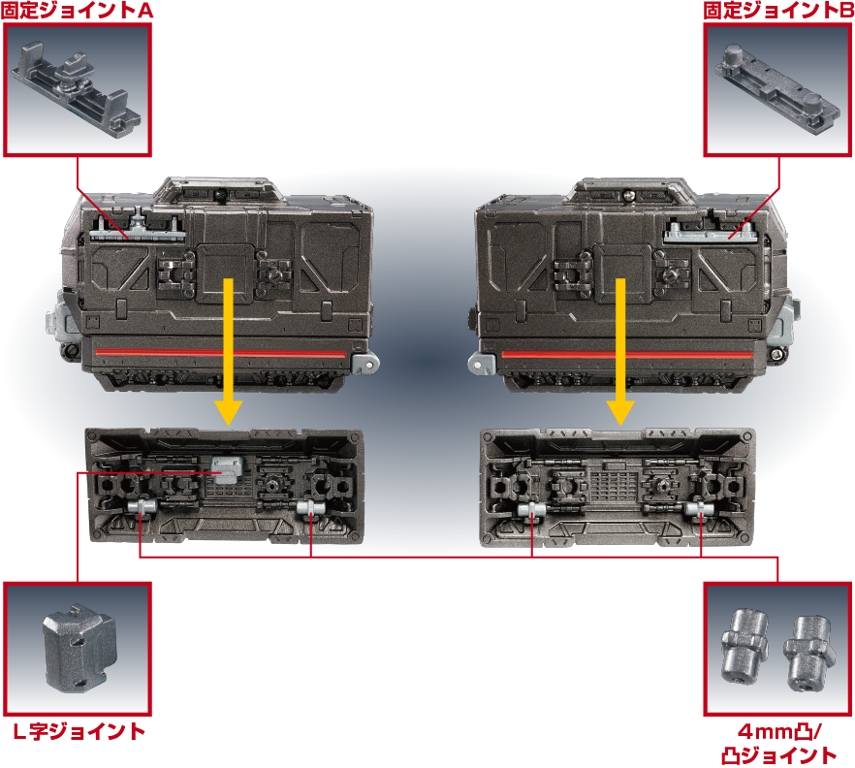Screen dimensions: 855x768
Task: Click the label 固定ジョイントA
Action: point(77,11)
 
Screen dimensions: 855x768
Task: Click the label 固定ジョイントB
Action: point(778,11)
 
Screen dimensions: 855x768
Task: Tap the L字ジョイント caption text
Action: point(79,731)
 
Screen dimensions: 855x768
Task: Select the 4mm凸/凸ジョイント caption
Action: point(778,744)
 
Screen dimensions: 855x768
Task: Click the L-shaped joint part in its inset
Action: point(79,648)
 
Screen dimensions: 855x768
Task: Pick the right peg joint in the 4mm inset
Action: point(809,654)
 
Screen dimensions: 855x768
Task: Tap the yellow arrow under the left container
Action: point(229,351)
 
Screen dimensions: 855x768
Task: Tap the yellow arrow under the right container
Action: point(619,351)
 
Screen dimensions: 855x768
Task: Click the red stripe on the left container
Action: point(221,353)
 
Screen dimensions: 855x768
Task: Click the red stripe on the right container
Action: point(627,355)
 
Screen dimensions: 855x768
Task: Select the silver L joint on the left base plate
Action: point(226,469)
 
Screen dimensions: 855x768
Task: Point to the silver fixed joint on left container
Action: point(138,229)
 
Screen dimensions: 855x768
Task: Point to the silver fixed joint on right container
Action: point(710,232)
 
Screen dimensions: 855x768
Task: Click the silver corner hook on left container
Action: point(365,363)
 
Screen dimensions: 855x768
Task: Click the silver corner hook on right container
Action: point(482,364)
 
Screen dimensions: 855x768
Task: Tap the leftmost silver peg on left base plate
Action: point(142,507)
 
